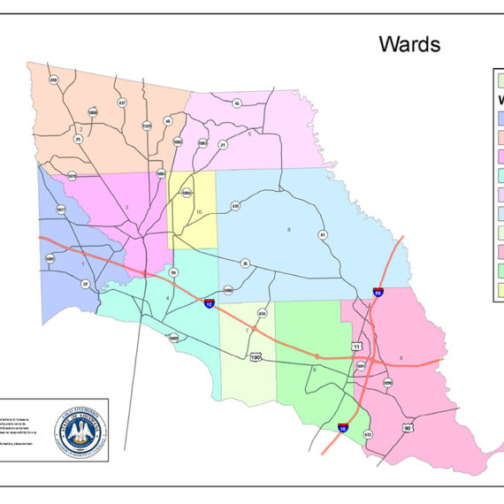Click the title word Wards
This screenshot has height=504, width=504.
coord(409,44)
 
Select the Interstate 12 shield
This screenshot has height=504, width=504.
coord(209,302)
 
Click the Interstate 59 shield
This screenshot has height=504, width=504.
coord(378,293)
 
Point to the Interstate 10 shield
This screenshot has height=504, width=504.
coord(342,429)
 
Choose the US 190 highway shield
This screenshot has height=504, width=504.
coord(256,357)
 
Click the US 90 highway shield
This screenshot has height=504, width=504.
coord(407,429)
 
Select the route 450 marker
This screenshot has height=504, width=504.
coord(53,80)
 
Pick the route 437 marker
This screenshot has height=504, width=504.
coord(122,103)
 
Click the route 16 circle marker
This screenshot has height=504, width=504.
coord(237,103)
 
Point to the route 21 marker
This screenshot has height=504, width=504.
coord(223,144)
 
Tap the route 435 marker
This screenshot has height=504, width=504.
coord(235,206)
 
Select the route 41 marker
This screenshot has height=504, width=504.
coord(323,234)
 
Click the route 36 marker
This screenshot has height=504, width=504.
coord(245,263)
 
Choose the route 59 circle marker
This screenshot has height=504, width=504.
coord(173,272)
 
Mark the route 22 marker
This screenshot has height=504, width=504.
coord(85,283)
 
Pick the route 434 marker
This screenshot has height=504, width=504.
coord(262,313)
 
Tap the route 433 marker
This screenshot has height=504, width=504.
coord(368,433)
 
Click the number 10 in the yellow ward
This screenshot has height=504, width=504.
coord(199,212)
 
